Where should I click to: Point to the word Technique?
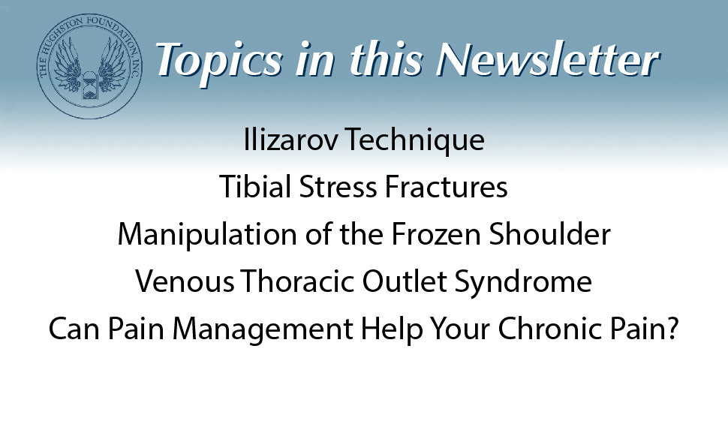coord(411,140)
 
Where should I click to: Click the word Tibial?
coord(252,188)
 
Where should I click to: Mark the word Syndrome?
coord(514,284)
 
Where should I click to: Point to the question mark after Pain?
coord(672,331)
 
